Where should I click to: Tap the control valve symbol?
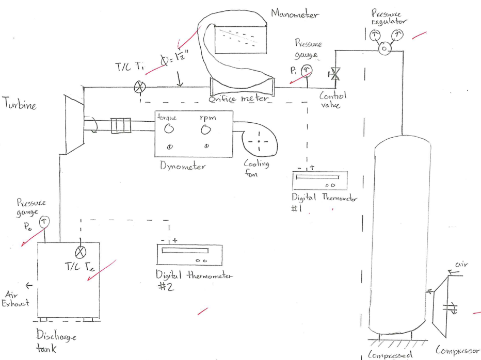(x=335, y=76)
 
